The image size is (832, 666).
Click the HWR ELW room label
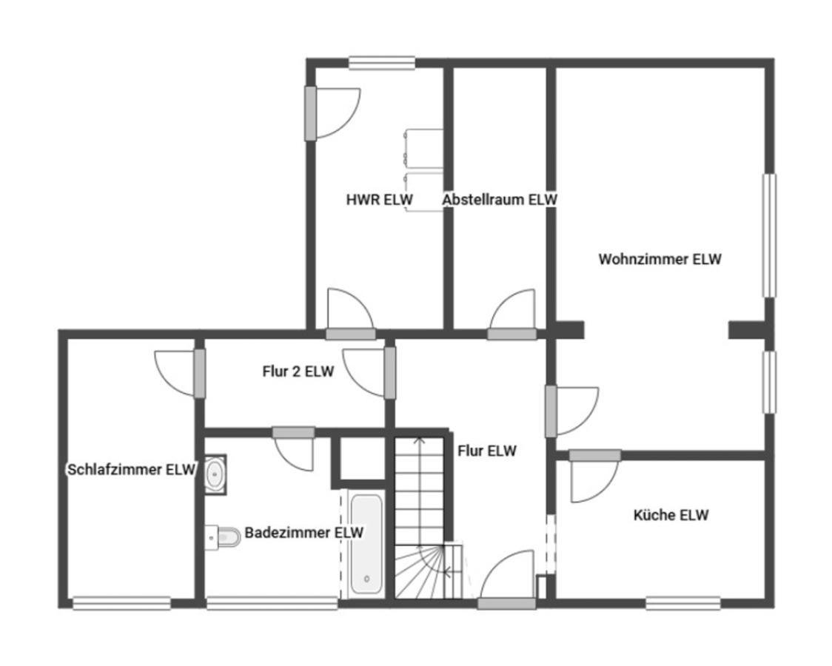(x=380, y=200)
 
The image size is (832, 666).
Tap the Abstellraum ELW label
(x=500, y=199)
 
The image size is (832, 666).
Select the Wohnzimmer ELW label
(x=660, y=259)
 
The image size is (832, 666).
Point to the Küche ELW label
(x=671, y=515)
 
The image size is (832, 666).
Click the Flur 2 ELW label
(x=298, y=371)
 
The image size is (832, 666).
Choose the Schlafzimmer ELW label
(x=132, y=469)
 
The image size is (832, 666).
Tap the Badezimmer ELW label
(x=304, y=532)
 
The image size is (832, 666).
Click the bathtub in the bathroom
(x=366, y=543)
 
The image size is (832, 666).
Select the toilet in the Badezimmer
(x=223, y=538)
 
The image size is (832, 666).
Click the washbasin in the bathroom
(x=215, y=474)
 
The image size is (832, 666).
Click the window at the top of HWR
(x=381, y=63)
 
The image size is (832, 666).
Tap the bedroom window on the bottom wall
(x=121, y=603)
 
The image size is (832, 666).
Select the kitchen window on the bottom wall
(x=683, y=603)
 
